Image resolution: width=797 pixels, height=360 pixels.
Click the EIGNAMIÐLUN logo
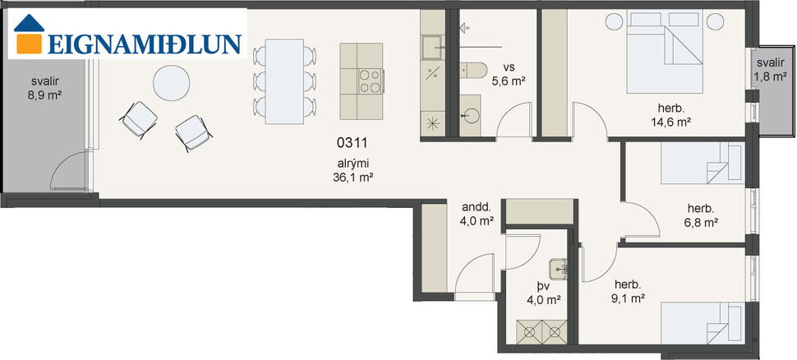coord(127,34)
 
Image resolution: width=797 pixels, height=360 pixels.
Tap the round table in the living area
coord(172,83)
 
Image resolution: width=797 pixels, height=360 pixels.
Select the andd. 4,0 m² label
coord(476,214)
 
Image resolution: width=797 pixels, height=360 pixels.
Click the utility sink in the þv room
coord(562,265)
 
